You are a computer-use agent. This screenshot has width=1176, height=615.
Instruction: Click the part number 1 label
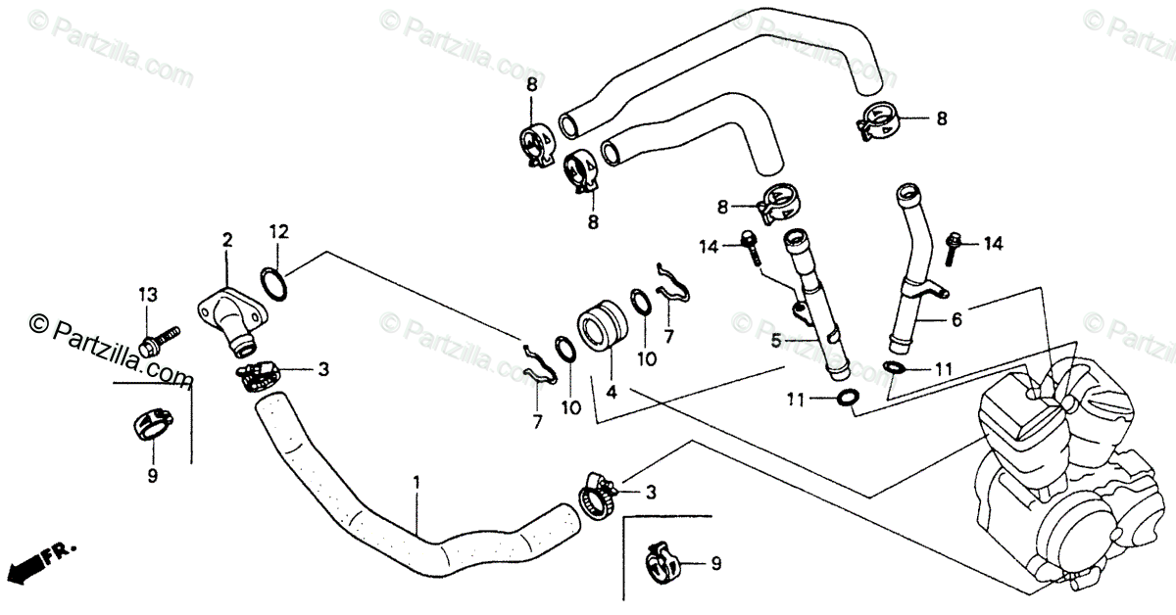coord(416,483)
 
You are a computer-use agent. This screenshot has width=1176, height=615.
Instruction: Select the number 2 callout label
coord(227,239)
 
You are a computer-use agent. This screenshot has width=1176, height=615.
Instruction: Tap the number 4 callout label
coord(612,392)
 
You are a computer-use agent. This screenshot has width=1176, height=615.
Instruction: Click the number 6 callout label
coord(956,319)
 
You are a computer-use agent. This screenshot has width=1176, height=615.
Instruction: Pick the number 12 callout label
coord(279,231)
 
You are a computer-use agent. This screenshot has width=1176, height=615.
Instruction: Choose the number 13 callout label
coord(147,295)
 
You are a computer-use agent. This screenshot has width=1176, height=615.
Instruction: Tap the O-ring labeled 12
coord(276,284)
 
